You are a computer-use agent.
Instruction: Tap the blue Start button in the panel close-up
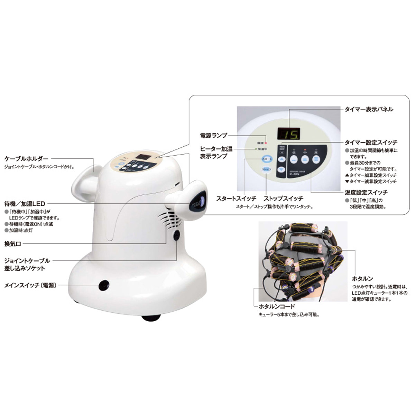point(267,159)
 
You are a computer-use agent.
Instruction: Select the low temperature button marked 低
point(294,159)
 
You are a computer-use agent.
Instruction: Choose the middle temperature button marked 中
point(305,159)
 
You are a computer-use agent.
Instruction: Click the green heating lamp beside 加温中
point(255,149)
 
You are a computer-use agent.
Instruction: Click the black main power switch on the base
point(103,285)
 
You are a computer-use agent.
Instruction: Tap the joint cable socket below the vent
point(177,236)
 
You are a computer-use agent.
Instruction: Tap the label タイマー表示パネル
point(369,109)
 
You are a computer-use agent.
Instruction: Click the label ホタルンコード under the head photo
point(277,306)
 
